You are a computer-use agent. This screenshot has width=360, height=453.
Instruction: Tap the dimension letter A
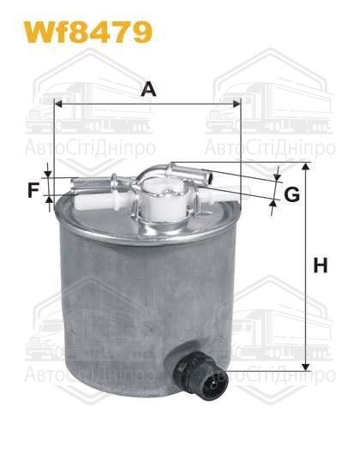click(x=147, y=88)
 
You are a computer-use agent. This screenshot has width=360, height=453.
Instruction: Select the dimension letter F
click(x=33, y=190)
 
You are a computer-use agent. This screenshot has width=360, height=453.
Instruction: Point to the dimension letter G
click(x=291, y=194)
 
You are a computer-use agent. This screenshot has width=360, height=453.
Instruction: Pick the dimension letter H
click(x=320, y=266)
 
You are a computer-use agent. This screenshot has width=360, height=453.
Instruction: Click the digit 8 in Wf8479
click(x=83, y=32)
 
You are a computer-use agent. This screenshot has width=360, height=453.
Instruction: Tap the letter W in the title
click(x=39, y=32)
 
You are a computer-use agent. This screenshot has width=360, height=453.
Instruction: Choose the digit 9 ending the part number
click(x=141, y=32)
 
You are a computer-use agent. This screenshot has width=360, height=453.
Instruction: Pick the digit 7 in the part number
click(x=123, y=32)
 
